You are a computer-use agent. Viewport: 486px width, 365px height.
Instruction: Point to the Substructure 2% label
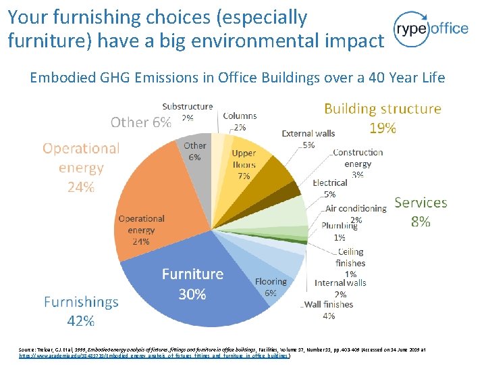pos(187,112)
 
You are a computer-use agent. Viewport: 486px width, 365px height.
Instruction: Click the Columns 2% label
pos(240,121)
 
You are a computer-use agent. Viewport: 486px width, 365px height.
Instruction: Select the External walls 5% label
pos(308,139)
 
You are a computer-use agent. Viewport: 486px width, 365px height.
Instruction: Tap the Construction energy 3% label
pos(357,163)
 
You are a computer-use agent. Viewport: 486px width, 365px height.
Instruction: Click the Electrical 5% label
pos(330,188)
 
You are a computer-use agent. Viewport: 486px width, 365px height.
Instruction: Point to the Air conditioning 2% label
pos(356,214)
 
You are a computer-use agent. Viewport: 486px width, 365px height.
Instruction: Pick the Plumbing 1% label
pos(340,231)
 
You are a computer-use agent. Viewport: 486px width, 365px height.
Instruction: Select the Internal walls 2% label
pos(340,288)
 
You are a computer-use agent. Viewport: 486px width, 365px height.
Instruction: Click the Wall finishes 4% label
pos(329,310)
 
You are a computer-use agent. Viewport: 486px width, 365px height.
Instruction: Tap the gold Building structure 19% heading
pos(382,118)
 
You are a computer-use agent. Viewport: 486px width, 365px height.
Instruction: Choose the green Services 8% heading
pos(421,212)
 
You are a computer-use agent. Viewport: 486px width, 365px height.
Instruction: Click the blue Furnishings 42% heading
pos(81,311)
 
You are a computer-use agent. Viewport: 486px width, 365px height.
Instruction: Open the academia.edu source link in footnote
pos(155,355)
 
